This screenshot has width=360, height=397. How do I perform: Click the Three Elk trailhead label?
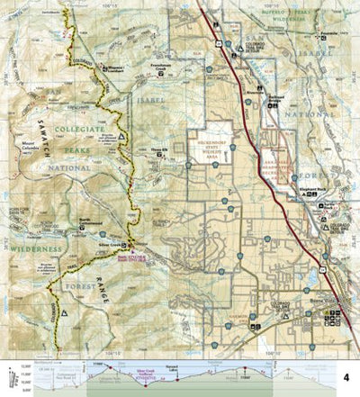click(x=160, y=150)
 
